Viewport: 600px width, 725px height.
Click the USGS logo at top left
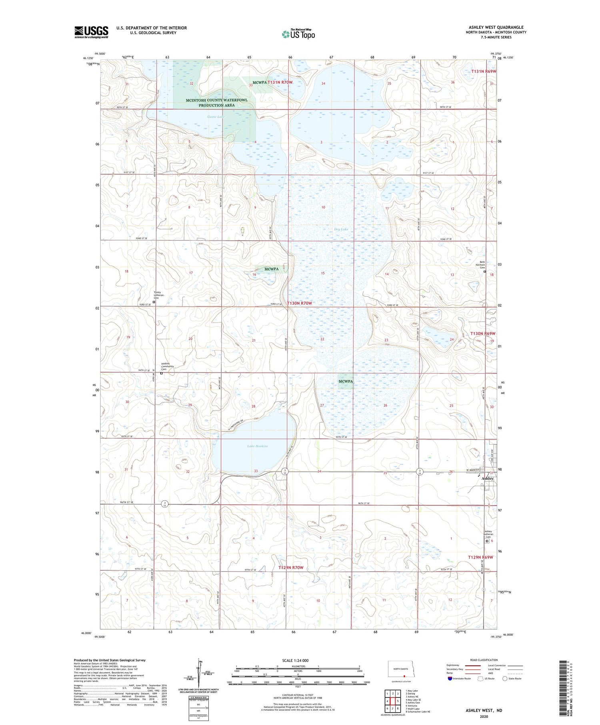(91, 32)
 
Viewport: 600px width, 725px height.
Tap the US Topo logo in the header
(298, 34)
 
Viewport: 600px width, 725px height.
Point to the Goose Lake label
(216, 117)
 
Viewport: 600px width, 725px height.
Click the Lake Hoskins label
(257, 446)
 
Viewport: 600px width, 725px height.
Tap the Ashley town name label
(488, 479)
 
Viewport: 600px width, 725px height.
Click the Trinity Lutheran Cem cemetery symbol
(154, 302)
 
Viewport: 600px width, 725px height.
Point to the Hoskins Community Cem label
(168, 366)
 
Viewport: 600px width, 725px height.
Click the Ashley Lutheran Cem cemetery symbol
(487, 541)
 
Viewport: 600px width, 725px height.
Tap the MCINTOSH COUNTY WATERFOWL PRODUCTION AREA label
(216, 103)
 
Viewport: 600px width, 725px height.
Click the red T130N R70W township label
(299, 304)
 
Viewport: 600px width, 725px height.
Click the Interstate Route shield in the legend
(450, 679)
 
